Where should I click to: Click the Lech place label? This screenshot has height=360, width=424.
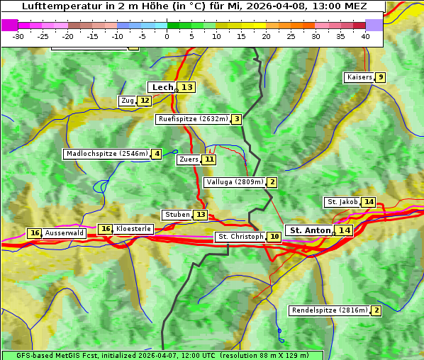point(162,87)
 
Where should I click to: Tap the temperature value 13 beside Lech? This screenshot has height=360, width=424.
point(186,87)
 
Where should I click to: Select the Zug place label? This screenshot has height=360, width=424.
point(128,101)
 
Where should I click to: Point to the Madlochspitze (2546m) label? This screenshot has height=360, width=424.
point(106,154)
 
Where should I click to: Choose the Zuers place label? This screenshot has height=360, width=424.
point(189,159)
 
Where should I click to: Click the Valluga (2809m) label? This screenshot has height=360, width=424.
point(235,182)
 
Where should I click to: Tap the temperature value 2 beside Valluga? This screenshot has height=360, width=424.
point(272,182)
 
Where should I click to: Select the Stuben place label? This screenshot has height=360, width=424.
point(177,215)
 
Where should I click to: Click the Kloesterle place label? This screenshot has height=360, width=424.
point(133,229)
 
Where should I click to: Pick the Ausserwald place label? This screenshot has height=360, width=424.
point(65,233)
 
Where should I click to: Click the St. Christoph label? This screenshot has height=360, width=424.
point(240,237)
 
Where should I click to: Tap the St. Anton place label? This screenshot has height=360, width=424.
point(311,230)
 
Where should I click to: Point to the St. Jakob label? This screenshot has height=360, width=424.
point(342,202)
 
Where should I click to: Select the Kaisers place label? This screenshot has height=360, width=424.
point(359,77)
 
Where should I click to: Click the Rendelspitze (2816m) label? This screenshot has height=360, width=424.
point(330,310)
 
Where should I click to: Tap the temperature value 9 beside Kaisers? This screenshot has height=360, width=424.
point(381,77)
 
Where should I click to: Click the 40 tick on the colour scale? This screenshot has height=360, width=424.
point(365,35)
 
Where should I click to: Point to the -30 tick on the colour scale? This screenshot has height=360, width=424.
point(18,35)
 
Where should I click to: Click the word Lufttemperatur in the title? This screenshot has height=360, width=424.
point(63,6)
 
